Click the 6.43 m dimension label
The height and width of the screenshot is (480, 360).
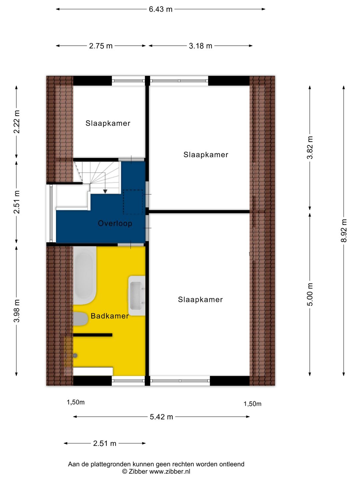(160, 9)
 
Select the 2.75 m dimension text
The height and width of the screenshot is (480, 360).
(101, 46)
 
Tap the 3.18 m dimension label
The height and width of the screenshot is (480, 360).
(200, 46)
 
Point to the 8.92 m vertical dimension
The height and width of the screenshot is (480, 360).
(344, 231)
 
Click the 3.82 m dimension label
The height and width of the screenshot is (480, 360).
(310, 148)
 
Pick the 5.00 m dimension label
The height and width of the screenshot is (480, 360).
(310, 294)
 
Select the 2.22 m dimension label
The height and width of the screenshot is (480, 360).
(17, 122)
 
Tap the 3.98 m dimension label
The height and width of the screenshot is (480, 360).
(17, 311)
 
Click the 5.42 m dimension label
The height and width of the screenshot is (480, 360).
(161, 417)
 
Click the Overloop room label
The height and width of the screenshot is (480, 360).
(115, 224)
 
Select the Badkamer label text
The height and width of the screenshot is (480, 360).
(110, 316)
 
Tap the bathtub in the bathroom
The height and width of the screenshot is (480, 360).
(84, 275)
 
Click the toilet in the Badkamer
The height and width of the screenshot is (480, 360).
(80, 319)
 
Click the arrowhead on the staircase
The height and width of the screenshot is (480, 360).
(105, 191)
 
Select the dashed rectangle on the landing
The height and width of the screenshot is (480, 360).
(133, 202)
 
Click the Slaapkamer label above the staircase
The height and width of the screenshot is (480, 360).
(108, 123)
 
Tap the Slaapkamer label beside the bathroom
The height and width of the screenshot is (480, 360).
(200, 300)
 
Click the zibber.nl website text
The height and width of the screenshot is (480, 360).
(170, 472)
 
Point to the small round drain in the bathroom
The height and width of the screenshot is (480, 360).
(75, 356)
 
